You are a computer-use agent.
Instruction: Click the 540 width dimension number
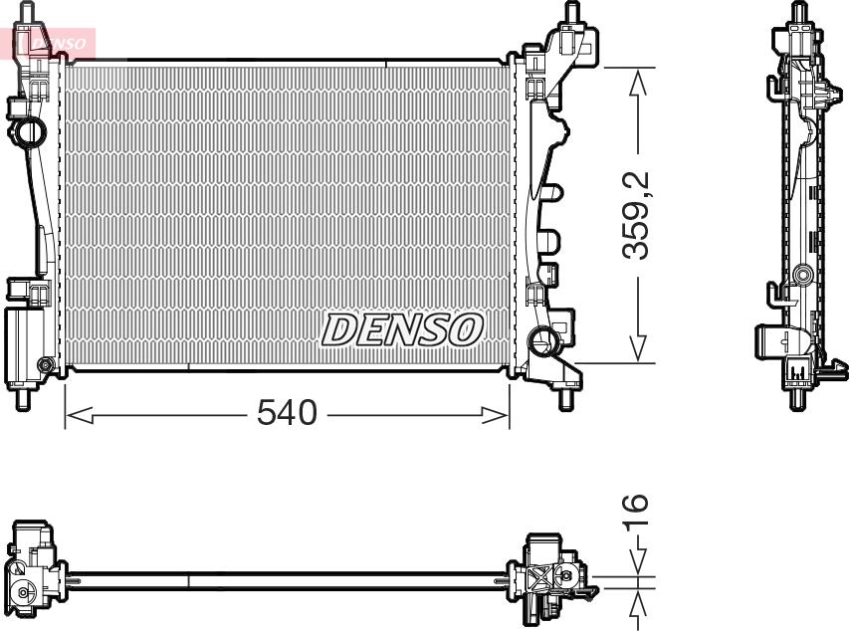(287, 412)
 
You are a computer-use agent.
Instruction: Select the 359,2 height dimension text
(636, 215)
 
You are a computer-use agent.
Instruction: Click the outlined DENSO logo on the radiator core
(402, 329)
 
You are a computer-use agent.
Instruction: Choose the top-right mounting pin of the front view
(573, 14)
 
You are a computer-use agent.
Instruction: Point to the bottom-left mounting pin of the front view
(22, 400)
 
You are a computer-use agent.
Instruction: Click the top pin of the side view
(798, 14)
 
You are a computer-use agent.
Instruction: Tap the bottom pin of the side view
(797, 400)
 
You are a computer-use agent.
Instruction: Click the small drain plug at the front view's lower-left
(45, 365)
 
